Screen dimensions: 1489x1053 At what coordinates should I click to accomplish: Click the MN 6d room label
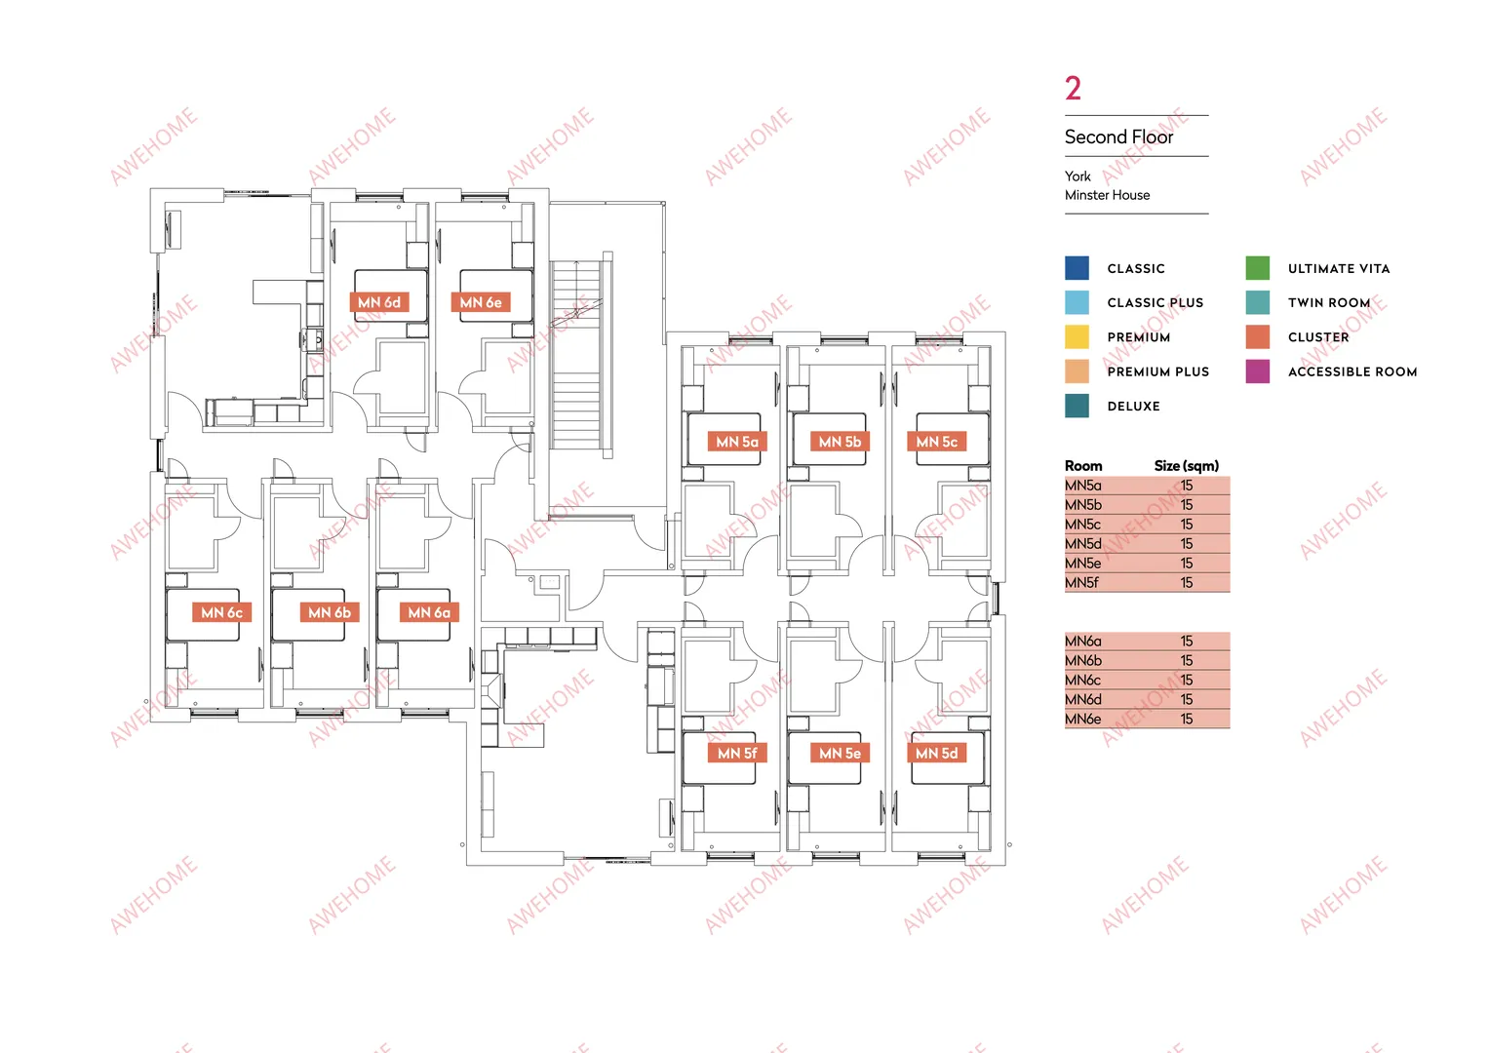[379, 302]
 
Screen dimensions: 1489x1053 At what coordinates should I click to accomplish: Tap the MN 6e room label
[481, 302]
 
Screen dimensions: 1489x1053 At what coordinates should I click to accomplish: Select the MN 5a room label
[737, 442]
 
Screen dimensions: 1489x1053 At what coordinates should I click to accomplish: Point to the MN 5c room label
[937, 442]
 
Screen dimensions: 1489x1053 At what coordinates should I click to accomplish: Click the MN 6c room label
[221, 612]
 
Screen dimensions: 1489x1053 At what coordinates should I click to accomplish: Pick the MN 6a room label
[429, 612]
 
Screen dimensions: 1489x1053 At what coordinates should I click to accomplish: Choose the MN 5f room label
[737, 753]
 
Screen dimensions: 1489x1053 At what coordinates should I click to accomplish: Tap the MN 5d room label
[937, 753]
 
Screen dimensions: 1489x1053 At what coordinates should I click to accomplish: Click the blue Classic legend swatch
[1077, 268]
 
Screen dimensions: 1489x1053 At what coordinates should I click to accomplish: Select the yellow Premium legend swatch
[1077, 337]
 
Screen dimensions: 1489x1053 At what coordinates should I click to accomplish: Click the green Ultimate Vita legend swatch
[1258, 268]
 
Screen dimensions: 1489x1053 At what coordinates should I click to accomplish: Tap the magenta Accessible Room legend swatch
[1258, 371]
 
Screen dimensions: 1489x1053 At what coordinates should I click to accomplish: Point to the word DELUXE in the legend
[1133, 407]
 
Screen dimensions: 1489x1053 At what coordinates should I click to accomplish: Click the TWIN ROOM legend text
[1329, 302]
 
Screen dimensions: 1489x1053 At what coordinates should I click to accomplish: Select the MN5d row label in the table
[1082, 544]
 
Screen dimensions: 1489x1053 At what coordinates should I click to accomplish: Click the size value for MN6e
[1187, 719]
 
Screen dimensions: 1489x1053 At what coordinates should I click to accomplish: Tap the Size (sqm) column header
[1187, 466]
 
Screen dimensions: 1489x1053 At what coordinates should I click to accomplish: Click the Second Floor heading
[1118, 136]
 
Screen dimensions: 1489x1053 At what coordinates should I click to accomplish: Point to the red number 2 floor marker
[1073, 89]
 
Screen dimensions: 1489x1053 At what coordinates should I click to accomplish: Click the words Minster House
[1107, 195]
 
